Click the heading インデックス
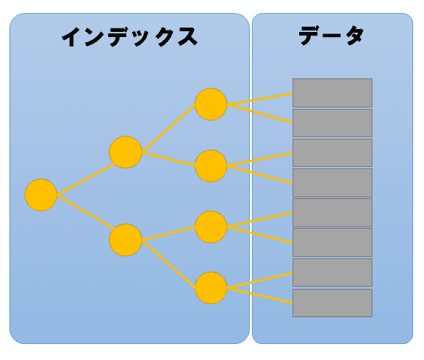(130, 37)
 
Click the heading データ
(331, 36)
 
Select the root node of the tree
(41, 195)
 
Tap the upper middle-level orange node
(126, 152)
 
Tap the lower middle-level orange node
(126, 240)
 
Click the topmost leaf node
(211, 104)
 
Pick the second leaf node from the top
(211, 165)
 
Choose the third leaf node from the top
(211, 226)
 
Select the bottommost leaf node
(211, 288)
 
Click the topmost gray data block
(333, 93)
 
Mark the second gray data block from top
(333, 123)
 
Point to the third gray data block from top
(333, 152)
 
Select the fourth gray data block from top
(333, 183)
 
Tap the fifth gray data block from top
(333, 213)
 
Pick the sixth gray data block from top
(333, 242)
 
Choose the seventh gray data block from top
(333, 272)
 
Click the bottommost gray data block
(333, 303)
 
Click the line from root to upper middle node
(86, 179)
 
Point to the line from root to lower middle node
(85, 212)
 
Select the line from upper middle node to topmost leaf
(168, 128)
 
